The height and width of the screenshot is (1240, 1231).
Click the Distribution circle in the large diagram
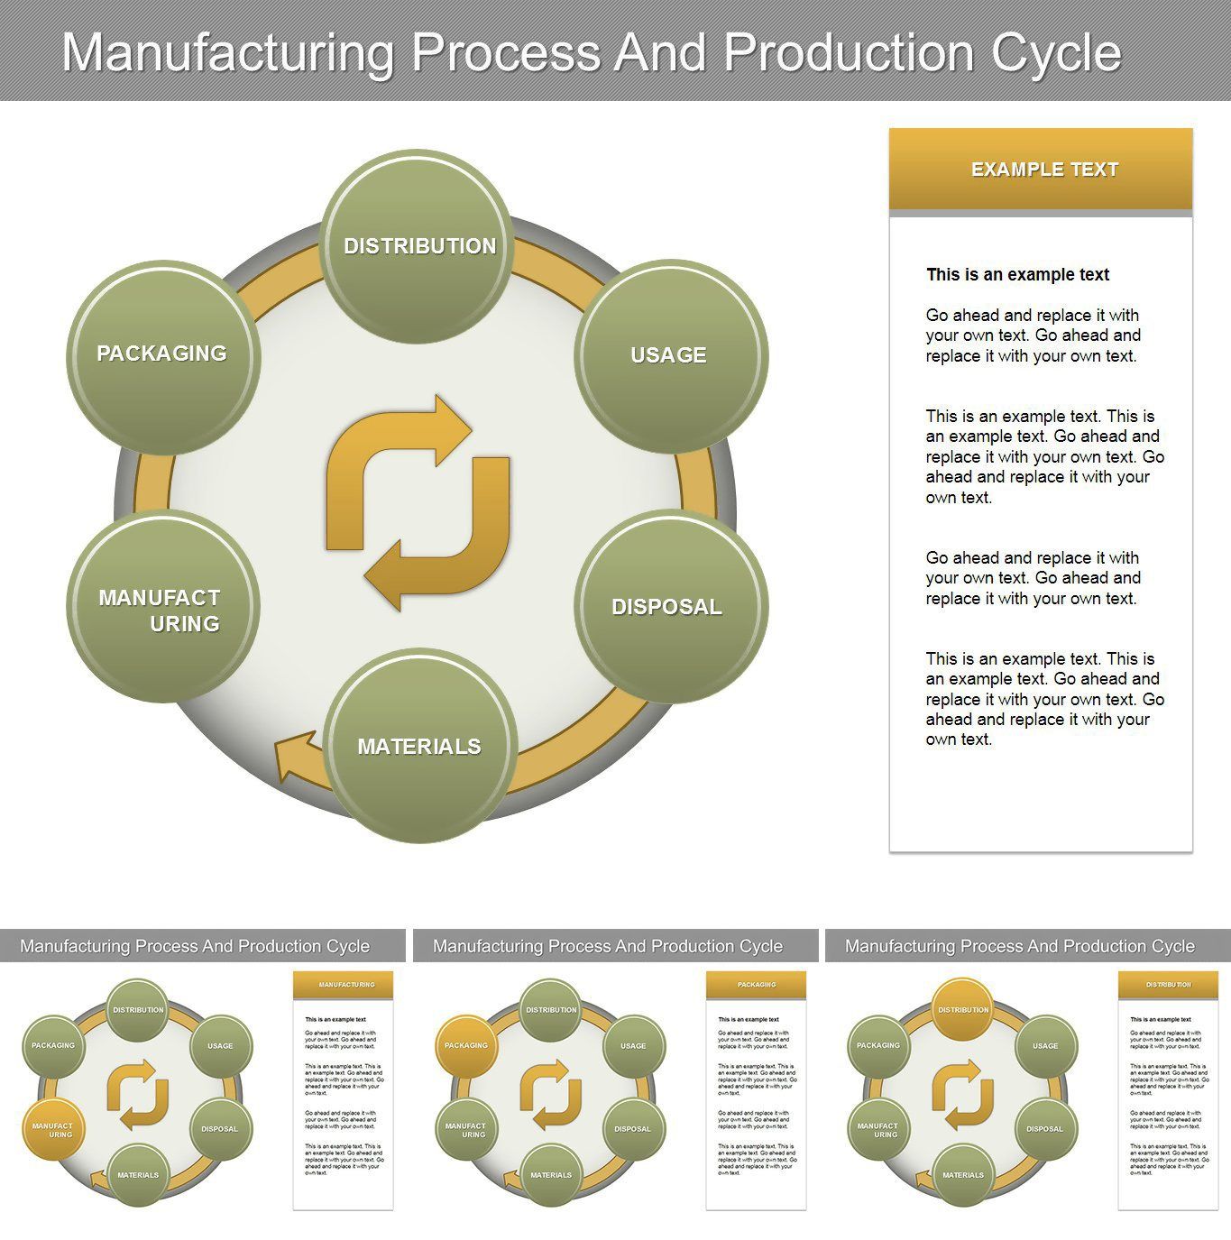coord(418,246)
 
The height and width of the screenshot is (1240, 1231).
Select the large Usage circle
coord(670,355)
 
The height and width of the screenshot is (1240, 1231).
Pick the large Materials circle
coord(419,746)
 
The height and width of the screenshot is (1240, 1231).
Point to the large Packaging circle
coord(162,354)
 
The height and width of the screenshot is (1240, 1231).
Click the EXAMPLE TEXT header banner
coord(1041,170)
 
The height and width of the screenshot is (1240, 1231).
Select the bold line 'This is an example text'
coord(1017,275)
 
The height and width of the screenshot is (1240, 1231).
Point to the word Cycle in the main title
coord(1056,52)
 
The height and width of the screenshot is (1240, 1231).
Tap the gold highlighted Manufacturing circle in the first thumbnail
coord(53,1129)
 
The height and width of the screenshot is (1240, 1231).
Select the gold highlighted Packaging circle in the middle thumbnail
coord(466,1045)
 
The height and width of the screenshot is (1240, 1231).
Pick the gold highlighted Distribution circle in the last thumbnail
coord(962,1009)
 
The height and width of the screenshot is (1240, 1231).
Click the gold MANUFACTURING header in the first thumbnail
coord(344,985)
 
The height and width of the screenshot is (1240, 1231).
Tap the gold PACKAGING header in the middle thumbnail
coord(756,985)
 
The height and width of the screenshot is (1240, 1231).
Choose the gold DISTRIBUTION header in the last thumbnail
coord(1168,985)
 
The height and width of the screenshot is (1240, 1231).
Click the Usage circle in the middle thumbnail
coord(633,1046)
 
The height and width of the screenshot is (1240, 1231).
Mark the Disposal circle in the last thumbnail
coord(1045,1129)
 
